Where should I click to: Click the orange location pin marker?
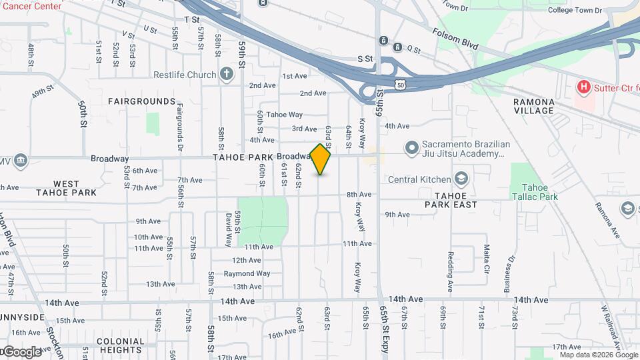[x=321, y=159]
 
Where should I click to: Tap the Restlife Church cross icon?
[x=227, y=73]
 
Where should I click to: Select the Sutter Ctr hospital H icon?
[x=583, y=87]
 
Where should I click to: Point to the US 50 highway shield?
[x=399, y=83]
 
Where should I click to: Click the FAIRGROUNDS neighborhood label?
[x=142, y=101]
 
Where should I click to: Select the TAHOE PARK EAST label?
[x=456, y=200]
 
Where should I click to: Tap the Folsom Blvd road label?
[x=455, y=39]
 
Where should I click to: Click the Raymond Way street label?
[x=247, y=273]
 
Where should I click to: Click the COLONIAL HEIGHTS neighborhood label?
[x=120, y=345]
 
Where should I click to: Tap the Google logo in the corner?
[x=21, y=351]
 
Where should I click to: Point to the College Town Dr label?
[x=575, y=11]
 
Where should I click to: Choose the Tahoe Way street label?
[x=285, y=115]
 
